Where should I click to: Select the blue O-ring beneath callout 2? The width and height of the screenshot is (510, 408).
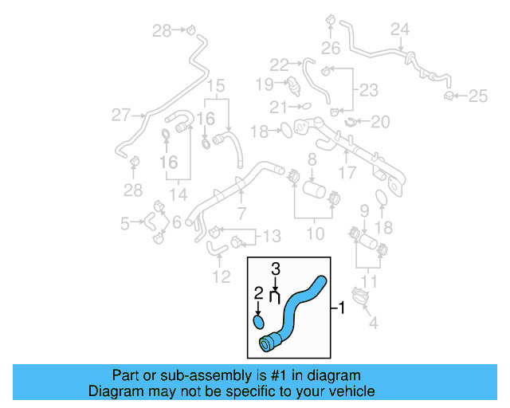click(x=259, y=322)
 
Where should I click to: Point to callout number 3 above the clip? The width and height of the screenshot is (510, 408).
click(x=276, y=269)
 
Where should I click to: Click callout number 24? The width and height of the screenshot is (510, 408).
click(x=400, y=29)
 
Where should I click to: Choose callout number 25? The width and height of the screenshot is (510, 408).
click(x=477, y=96)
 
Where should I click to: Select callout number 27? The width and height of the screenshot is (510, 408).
click(x=120, y=116)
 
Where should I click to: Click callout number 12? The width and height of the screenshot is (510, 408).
click(x=221, y=277)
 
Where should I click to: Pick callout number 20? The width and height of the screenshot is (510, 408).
click(x=380, y=122)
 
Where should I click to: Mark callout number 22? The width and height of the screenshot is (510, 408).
click(x=279, y=64)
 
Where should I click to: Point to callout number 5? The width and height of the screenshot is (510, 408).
click(x=124, y=224)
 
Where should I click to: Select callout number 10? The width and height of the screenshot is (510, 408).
click(x=316, y=233)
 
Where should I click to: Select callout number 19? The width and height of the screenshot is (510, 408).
click(x=265, y=83)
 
